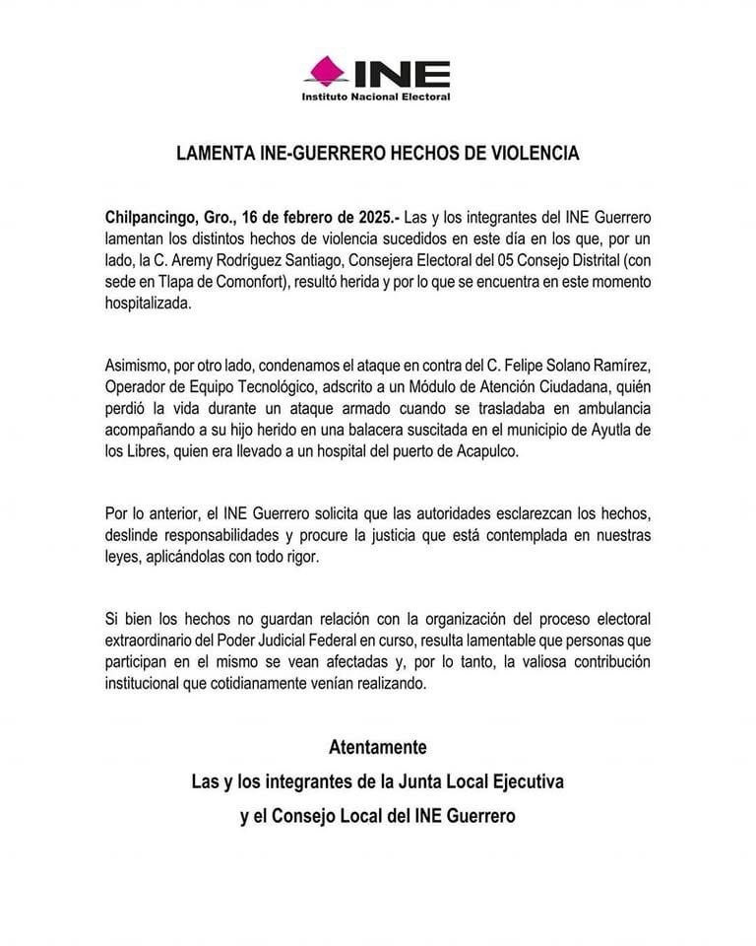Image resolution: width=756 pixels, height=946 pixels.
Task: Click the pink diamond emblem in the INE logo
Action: [324, 71]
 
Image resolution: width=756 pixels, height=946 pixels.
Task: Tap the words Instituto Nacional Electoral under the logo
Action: [376, 97]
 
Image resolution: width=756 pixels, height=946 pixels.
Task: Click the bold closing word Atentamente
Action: [377, 746]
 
